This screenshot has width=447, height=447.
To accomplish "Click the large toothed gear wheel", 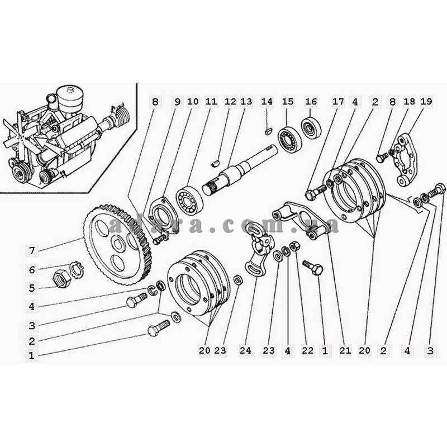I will pyautogui.click(x=115, y=240).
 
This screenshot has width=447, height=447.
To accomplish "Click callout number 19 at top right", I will pyautogui.click(x=426, y=102).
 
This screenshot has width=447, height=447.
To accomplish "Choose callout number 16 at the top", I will pyautogui.click(x=311, y=102).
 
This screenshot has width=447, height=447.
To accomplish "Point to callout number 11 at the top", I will pyautogui.click(x=211, y=102).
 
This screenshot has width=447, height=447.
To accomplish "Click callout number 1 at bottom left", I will pyautogui.click(x=32, y=355).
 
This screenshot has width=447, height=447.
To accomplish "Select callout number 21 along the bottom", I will pyautogui.click(x=345, y=351).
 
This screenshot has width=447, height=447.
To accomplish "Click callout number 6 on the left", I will pyautogui.click(x=32, y=270).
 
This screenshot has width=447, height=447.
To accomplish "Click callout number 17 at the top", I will pyautogui.click(x=338, y=102).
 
